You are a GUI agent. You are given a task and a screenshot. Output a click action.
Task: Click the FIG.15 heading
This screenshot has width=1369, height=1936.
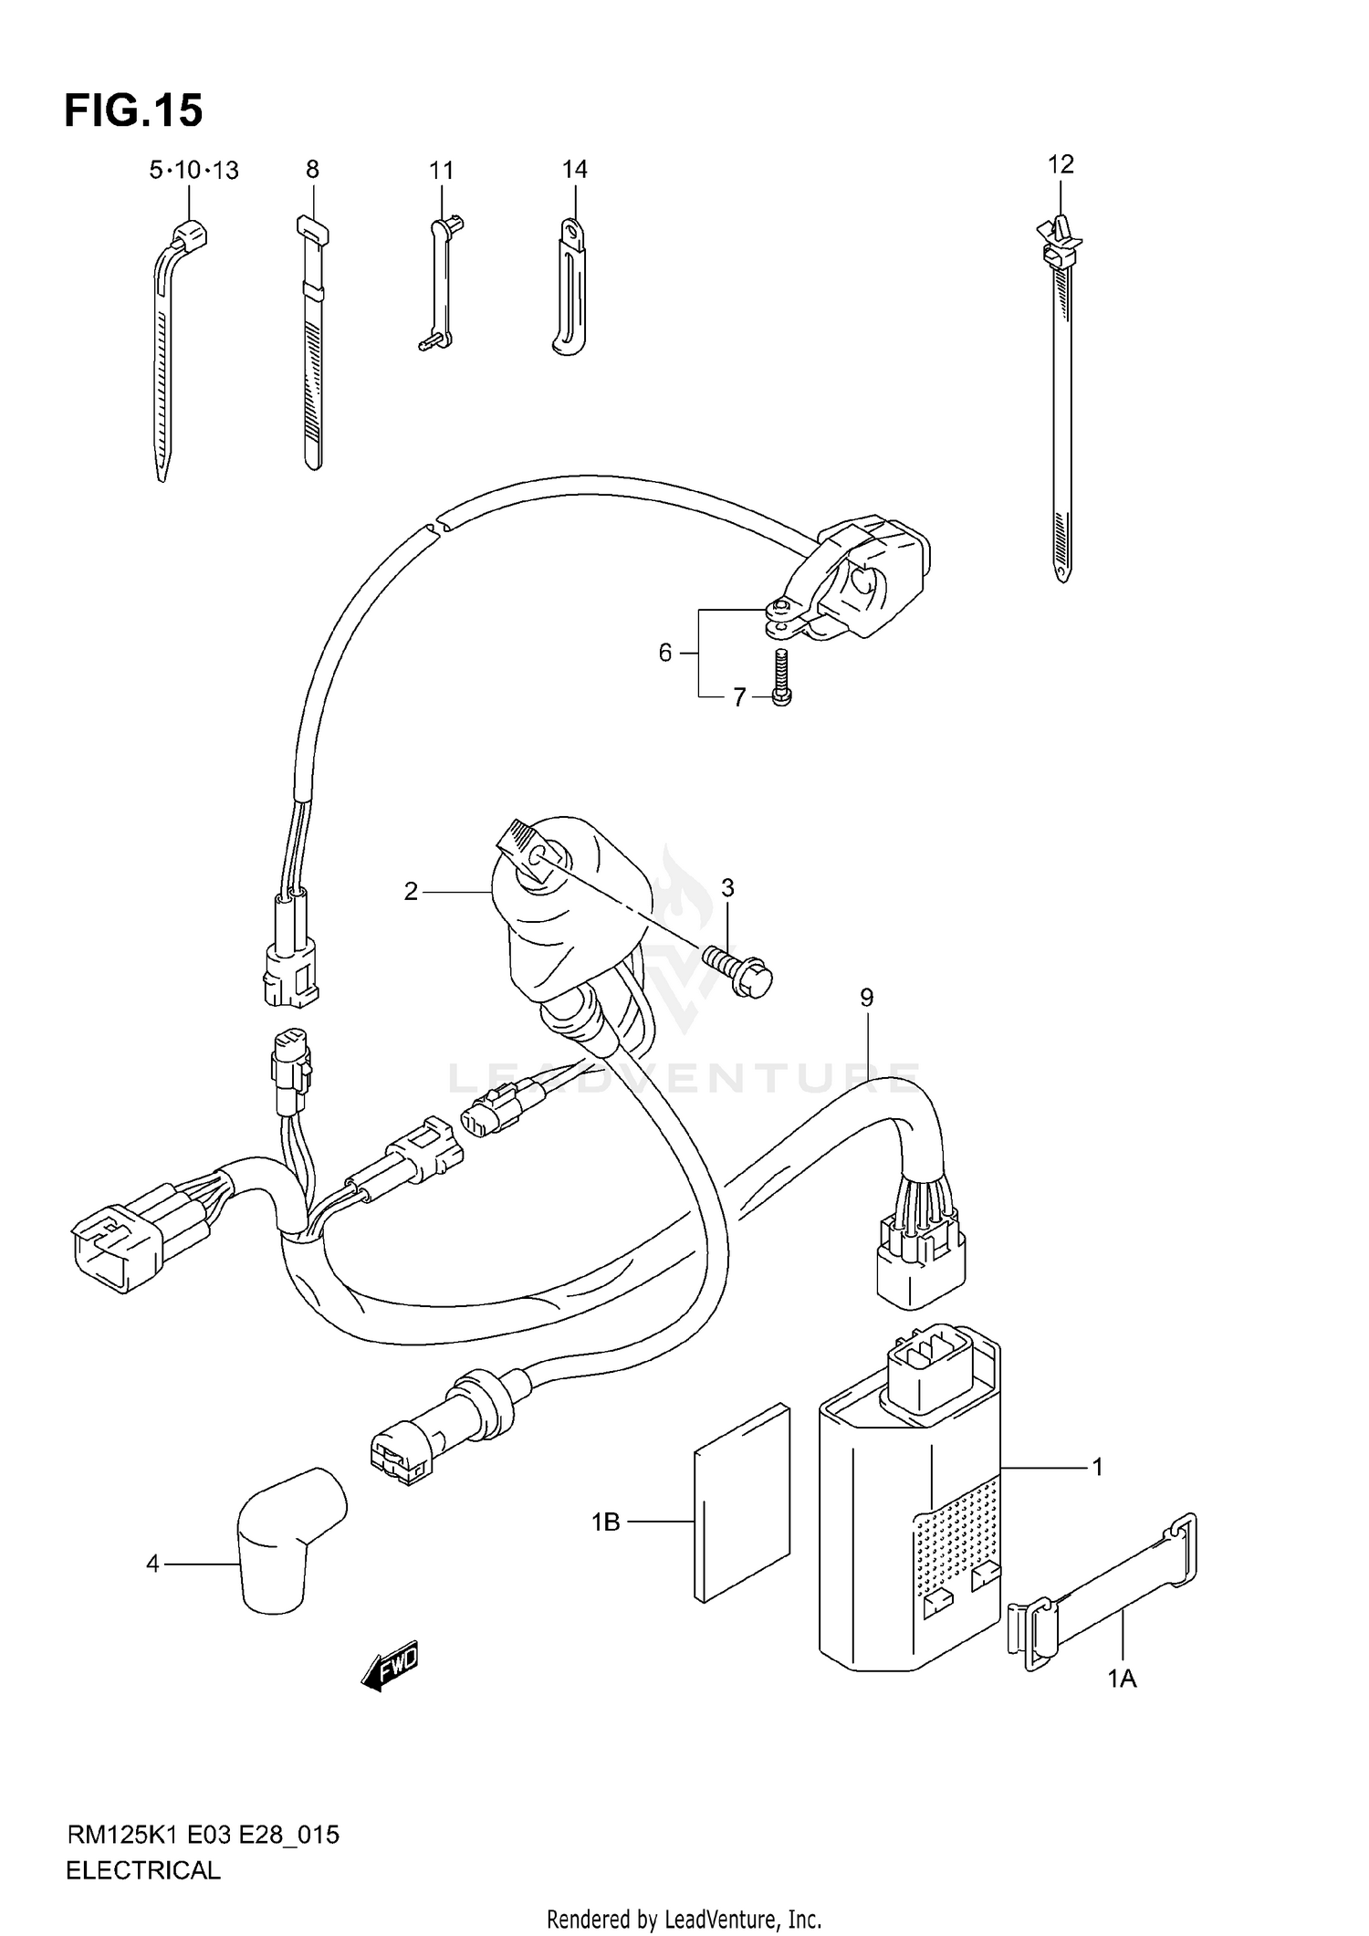point(133,110)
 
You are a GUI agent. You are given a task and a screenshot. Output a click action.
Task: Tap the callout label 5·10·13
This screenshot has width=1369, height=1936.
point(193,171)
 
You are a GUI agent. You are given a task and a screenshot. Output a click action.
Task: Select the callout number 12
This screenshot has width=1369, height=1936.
point(1061,164)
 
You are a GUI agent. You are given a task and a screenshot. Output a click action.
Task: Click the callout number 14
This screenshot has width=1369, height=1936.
point(574,169)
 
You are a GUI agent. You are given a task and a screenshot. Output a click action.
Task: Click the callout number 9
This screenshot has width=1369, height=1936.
point(866,998)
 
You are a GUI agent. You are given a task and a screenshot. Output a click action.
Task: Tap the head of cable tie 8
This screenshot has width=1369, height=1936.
point(312,228)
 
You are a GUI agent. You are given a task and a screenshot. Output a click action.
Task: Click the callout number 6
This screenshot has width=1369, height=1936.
point(665,653)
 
